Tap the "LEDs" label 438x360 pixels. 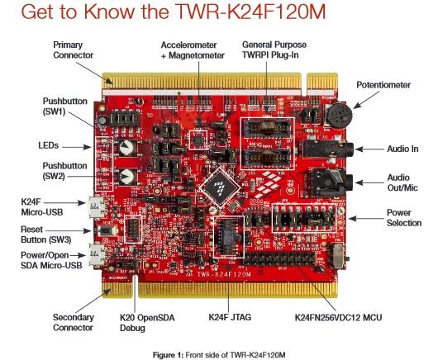[49, 144]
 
